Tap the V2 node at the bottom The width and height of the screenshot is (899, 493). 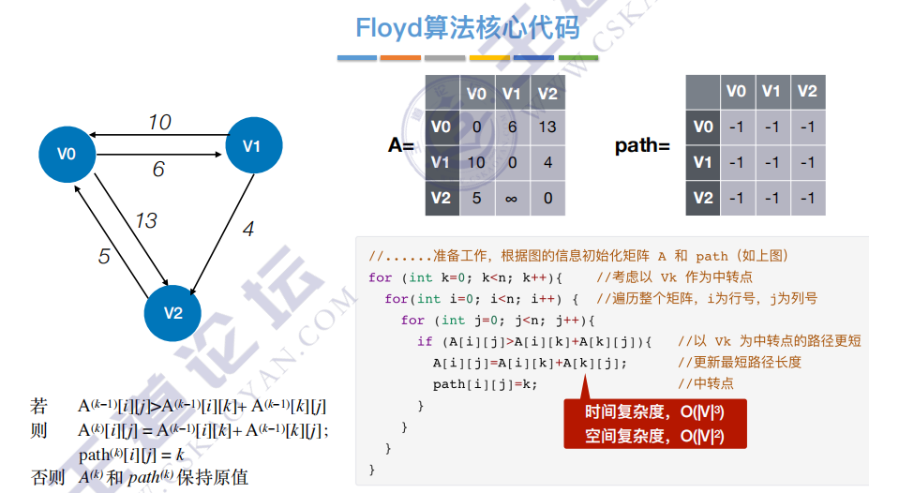pyautogui.click(x=173, y=312)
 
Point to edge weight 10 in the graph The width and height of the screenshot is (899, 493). pyautogui.click(x=159, y=122)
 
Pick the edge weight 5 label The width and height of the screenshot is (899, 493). pyautogui.click(x=104, y=256)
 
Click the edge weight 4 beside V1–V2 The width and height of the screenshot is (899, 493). pyautogui.click(x=247, y=229)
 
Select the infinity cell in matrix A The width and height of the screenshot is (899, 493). pyautogui.click(x=512, y=198)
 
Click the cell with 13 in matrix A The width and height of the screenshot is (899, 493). pyautogui.click(x=548, y=127)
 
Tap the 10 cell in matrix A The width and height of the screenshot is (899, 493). pyautogui.click(x=476, y=162)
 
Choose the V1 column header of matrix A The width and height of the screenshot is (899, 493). pyautogui.click(x=512, y=93)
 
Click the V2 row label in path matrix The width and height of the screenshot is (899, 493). pyautogui.click(x=703, y=198)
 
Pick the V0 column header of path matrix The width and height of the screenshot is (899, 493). pyautogui.click(x=737, y=91)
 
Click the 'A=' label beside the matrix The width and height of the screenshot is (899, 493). pyautogui.click(x=401, y=145)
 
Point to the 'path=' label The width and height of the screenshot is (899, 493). pyautogui.click(x=642, y=145)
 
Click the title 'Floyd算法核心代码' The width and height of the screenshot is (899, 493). pyautogui.click(x=467, y=28)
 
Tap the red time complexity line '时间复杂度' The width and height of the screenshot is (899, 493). pyautogui.click(x=653, y=412)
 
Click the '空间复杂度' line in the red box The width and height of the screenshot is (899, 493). pyautogui.click(x=653, y=435)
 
